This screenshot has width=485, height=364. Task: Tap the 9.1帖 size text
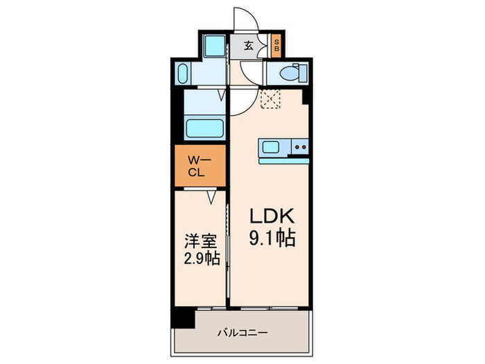(273, 239)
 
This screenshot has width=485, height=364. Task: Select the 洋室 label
(200, 242)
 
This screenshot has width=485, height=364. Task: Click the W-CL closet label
(199, 166)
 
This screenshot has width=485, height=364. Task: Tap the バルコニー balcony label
(242, 331)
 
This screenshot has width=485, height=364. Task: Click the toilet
(290, 72)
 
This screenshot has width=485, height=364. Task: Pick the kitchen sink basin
(270, 147)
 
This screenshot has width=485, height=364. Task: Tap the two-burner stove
(299, 146)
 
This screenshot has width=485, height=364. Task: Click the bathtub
(204, 129)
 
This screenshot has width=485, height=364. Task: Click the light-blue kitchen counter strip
(284, 161)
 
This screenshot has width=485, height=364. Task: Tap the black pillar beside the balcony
(183, 316)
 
